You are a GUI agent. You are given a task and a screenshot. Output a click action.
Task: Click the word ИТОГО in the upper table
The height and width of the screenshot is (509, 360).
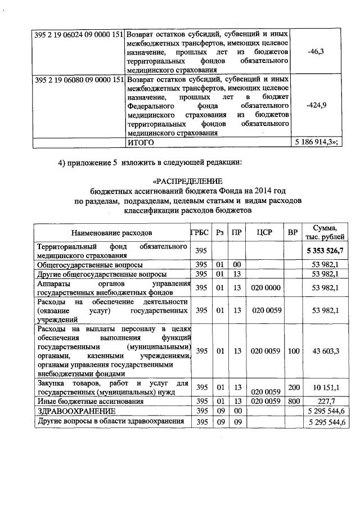tap(141, 142)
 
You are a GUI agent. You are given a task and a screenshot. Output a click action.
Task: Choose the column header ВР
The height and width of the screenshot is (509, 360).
tap(292, 232)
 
